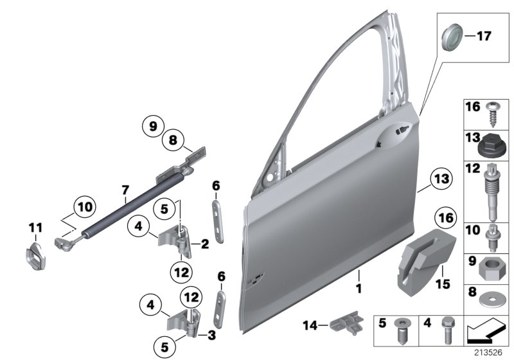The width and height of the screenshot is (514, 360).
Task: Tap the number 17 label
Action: coord(482,36)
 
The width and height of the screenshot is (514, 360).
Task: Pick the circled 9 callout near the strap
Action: coord(154,127)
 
